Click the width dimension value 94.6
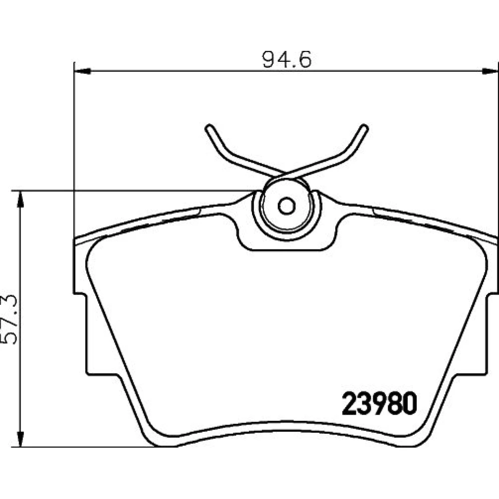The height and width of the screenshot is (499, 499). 286,59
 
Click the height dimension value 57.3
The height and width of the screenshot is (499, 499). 9,319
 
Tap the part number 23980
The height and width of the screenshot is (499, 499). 379,404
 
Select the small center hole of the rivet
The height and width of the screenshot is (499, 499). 286,206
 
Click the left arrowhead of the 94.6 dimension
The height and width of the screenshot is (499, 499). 82,71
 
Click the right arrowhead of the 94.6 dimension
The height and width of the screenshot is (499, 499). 490,71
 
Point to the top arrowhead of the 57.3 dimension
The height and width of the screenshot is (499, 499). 20,199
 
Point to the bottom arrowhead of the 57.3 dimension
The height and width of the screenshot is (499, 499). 20,439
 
